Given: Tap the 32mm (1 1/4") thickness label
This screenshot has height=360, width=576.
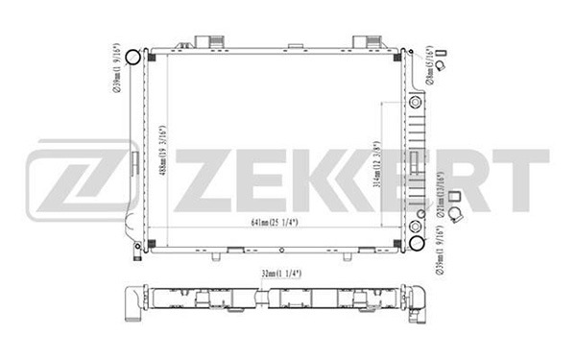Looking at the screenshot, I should [275, 274].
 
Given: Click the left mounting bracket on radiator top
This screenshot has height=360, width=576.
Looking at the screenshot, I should [208, 41].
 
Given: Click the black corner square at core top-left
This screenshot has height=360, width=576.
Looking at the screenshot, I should [156, 55].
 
